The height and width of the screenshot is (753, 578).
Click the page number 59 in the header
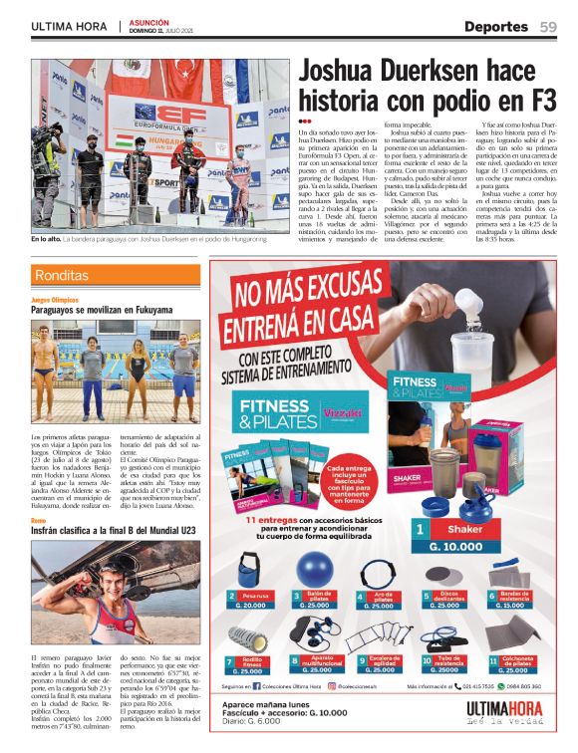(549, 26)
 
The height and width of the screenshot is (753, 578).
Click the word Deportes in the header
(495, 26)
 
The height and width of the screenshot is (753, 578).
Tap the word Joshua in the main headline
(344, 72)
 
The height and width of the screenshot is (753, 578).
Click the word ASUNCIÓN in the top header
(149, 21)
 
